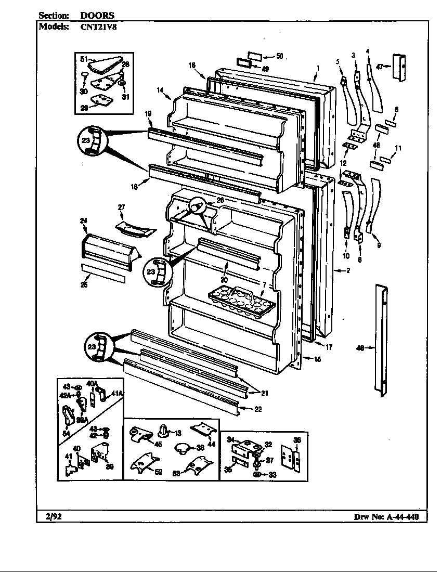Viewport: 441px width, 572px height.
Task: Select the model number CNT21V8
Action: click(99, 27)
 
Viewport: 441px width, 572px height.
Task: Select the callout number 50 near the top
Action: click(279, 56)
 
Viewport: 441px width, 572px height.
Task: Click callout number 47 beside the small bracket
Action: click(380, 67)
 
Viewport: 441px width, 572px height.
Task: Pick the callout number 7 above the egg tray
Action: click(264, 284)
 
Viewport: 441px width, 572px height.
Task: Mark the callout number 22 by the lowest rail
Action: click(258, 409)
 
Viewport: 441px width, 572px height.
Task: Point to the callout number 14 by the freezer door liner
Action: click(160, 90)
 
